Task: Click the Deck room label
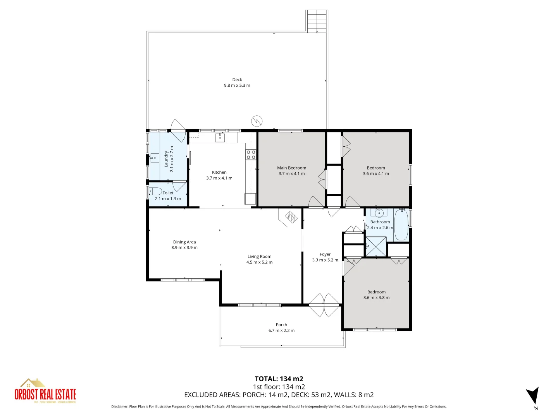tap(237, 80)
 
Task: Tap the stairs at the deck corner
tap(317, 21)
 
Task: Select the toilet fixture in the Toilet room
tap(155, 191)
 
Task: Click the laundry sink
tap(155, 158)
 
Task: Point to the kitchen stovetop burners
tap(251, 155)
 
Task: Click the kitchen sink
tap(220, 137)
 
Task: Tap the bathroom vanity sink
tap(379, 213)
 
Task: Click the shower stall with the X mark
tap(376, 246)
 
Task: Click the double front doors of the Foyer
tap(324, 305)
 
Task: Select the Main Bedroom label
tap(291, 168)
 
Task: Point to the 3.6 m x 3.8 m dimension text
tap(376, 298)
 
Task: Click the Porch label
tap(281, 325)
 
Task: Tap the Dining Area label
tap(184, 242)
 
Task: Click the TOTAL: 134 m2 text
tap(279, 379)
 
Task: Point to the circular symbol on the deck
tap(257, 121)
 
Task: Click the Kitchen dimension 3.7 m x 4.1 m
tap(219, 178)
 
